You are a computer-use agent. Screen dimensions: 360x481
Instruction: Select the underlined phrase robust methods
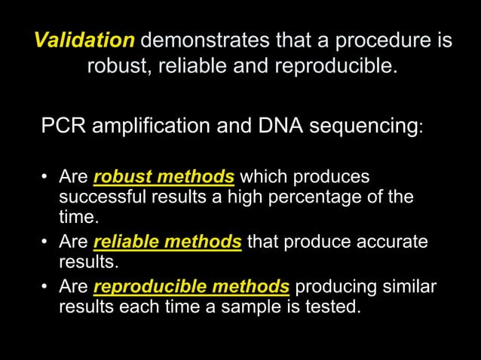164,178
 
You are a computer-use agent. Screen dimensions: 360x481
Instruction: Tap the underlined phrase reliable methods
167,243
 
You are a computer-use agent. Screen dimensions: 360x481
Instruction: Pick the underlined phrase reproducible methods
191,287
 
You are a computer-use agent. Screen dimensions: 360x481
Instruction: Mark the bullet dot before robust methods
45,178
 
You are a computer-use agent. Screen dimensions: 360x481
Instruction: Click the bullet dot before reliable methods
45,243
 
